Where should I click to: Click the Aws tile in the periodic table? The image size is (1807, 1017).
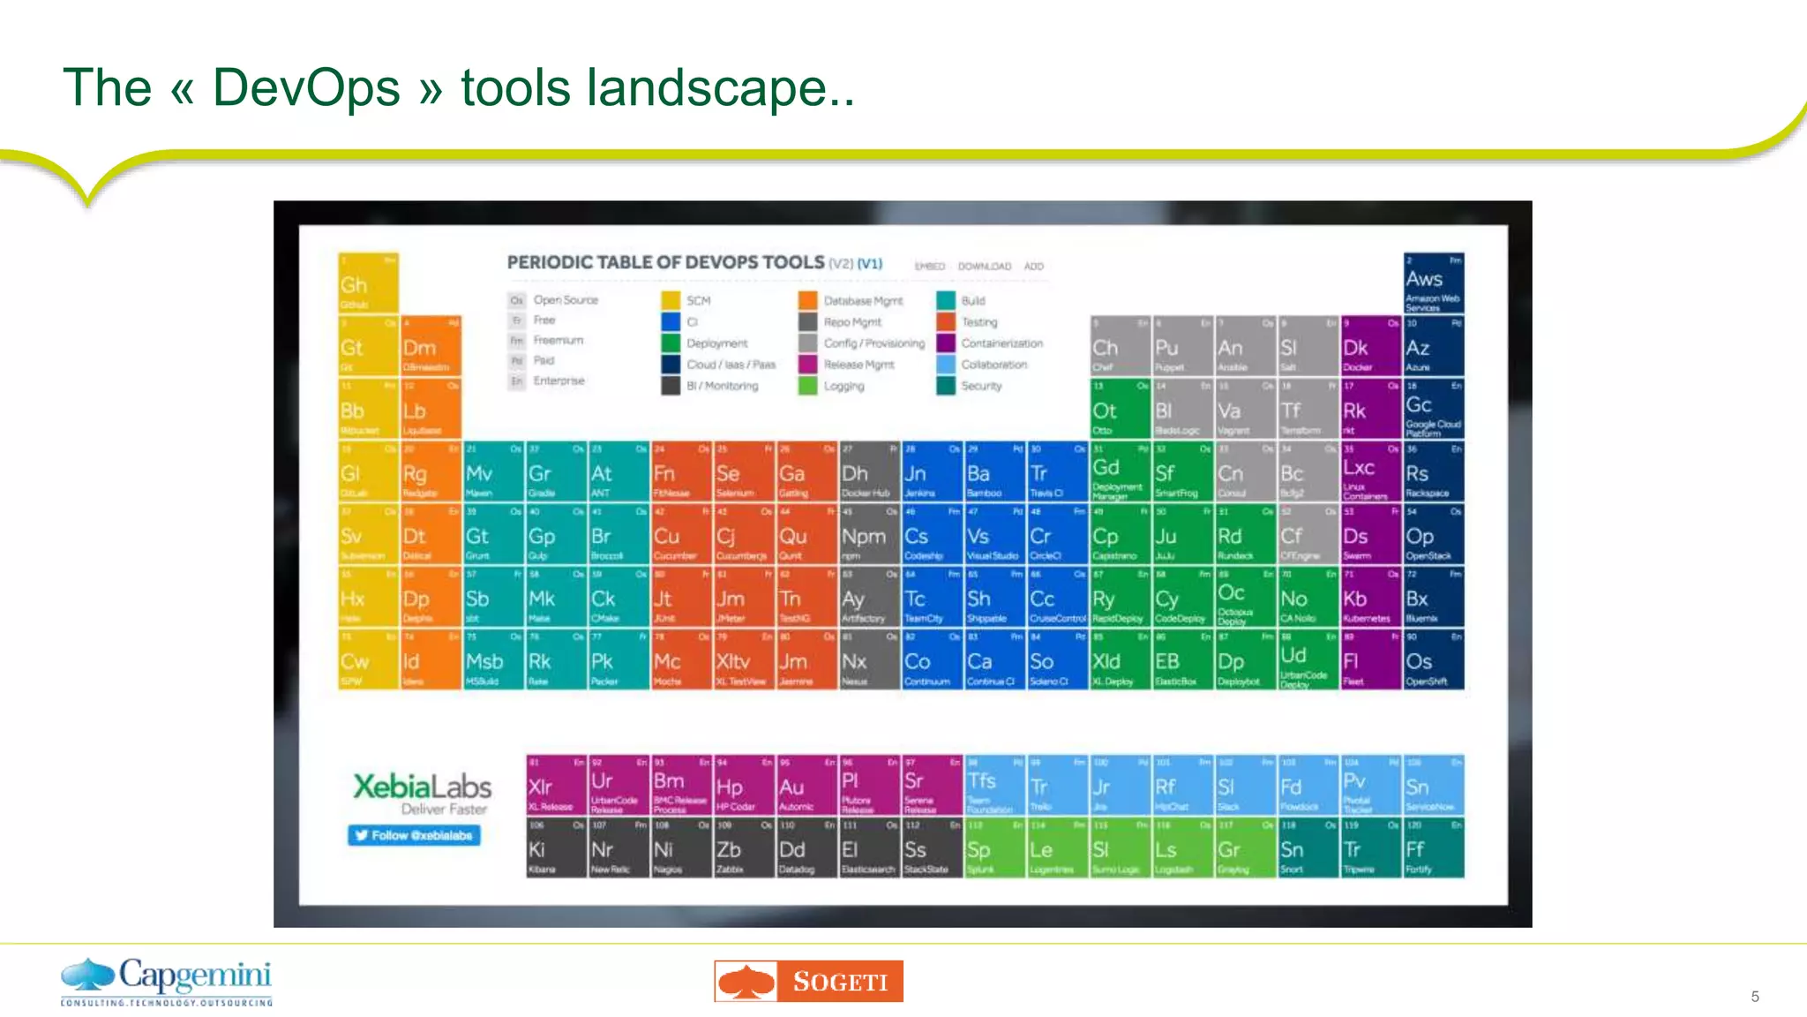1433,283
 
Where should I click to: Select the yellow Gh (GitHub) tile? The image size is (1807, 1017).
368,282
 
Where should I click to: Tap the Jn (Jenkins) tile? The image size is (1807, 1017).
932,472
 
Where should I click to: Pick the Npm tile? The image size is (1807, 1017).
869,535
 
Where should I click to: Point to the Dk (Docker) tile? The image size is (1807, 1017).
1370,346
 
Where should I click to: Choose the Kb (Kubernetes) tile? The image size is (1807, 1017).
1370,598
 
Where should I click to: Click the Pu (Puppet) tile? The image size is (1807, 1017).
1182,346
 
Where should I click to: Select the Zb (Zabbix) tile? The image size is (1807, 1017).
743,848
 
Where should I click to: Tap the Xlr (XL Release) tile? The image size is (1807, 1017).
556,785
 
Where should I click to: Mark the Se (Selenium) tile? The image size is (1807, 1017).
744,472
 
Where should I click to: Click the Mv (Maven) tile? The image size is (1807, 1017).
493,472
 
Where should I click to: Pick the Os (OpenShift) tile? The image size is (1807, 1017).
1433,660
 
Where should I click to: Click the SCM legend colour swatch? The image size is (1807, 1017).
671,300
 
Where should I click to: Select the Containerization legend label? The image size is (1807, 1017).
1001,343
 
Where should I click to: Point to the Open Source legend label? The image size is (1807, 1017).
566,300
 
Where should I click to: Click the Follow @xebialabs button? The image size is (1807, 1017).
414,835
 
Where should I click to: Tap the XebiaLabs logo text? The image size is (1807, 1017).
422,786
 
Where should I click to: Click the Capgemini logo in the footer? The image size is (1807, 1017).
167,981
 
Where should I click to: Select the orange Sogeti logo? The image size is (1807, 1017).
808,981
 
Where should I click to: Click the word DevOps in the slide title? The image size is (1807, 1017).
306,88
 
